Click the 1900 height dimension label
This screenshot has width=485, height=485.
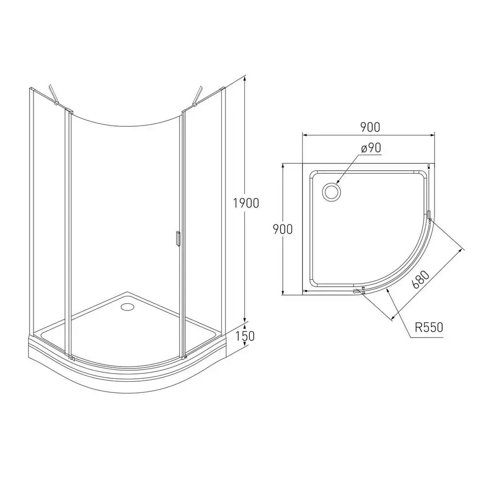point(245,203)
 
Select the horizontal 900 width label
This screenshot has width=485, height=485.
point(369,127)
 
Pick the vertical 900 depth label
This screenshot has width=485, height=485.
point(282,228)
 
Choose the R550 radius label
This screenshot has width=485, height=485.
point(429,327)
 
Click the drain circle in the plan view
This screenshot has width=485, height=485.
point(332,191)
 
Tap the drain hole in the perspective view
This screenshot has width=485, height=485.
point(129,307)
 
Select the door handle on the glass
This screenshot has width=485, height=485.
point(178,240)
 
